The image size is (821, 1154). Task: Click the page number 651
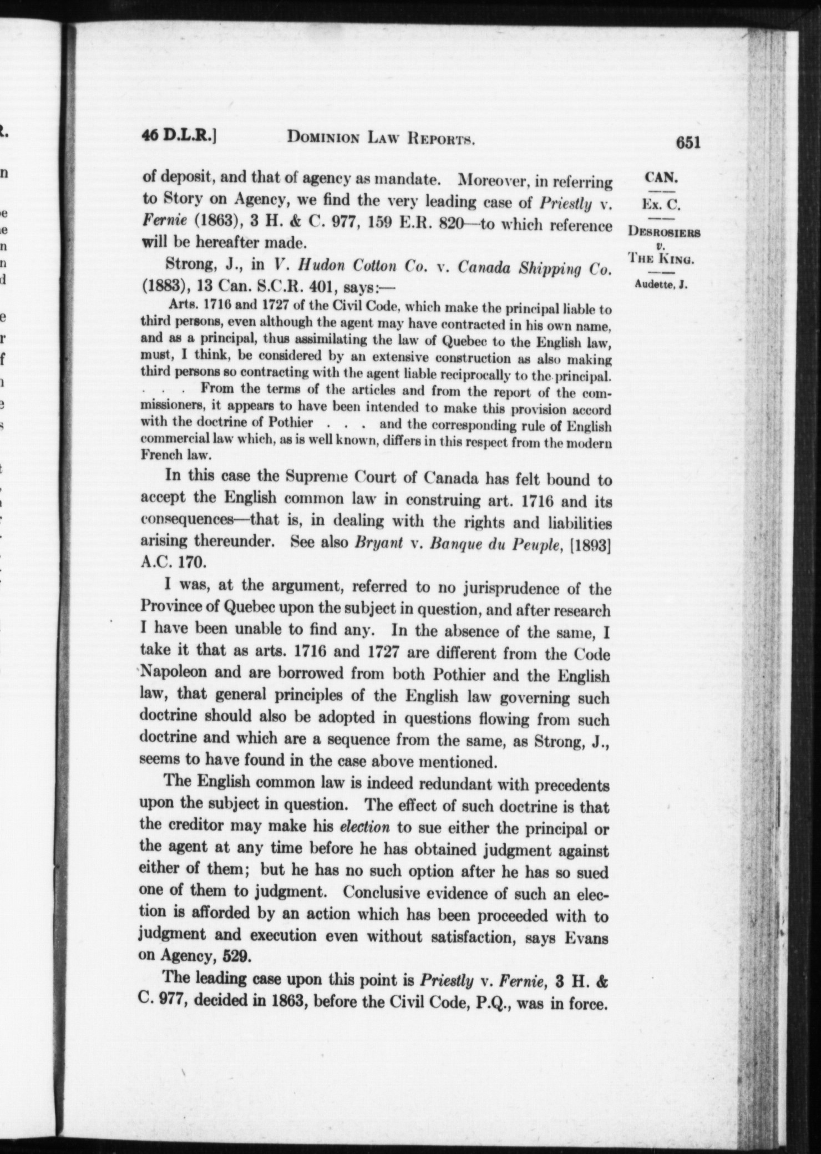click(688, 143)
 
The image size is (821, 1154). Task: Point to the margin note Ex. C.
click(661, 205)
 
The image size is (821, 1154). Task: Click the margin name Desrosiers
click(664, 232)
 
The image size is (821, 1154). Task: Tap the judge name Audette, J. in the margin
click(661, 286)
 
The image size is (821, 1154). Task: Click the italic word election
click(364, 827)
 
